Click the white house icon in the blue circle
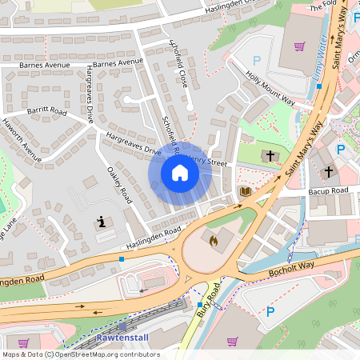pos(179,173)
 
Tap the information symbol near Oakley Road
pos(101,222)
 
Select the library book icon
pos(245,192)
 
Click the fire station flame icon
pos(213,239)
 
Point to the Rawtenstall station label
pos(122,337)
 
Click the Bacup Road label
pos(329,191)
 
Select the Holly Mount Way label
pos(270,90)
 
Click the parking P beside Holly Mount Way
pos(257,60)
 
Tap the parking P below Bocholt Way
pos(270,312)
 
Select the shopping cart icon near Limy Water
pos(299,46)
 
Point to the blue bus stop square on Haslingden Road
pos(121,258)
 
